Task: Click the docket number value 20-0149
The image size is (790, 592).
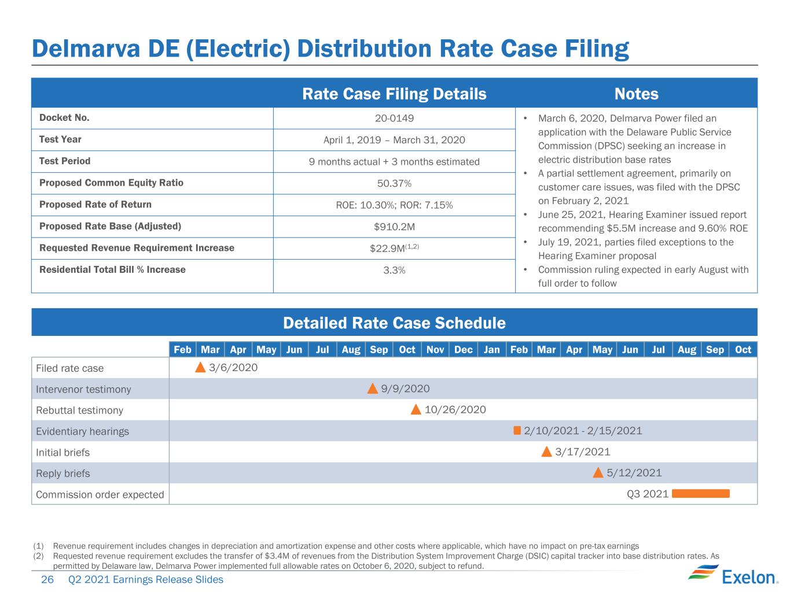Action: pos(394,119)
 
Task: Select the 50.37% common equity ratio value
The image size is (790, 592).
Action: pos(394,183)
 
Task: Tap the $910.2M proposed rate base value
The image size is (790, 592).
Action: pos(394,227)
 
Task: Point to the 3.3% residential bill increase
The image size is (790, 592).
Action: pos(394,270)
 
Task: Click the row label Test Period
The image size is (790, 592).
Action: pos(65,161)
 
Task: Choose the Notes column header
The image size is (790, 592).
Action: pos(636,94)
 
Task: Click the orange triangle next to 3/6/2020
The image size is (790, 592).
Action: pos(200,367)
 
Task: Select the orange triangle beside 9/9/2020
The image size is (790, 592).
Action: pos(373,388)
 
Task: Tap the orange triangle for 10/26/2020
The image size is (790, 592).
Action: pos(416,409)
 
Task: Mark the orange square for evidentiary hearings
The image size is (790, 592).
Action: pos(517,430)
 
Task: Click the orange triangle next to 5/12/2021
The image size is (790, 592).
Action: pos(598,472)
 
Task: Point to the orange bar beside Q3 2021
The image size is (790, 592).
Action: pos(700,494)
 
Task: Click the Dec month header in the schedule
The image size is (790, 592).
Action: pos(463,350)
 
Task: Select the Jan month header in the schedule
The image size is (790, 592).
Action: pos(491,350)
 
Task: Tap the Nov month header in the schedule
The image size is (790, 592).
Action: pos(435,350)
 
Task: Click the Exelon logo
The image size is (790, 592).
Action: pos(733,575)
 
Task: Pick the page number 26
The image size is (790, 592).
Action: pos(47,579)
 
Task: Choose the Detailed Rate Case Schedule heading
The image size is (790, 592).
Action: pos(394,323)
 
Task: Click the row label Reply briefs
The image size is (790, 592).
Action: pos(63,473)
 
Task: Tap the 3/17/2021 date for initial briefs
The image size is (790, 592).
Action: pos(583,452)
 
